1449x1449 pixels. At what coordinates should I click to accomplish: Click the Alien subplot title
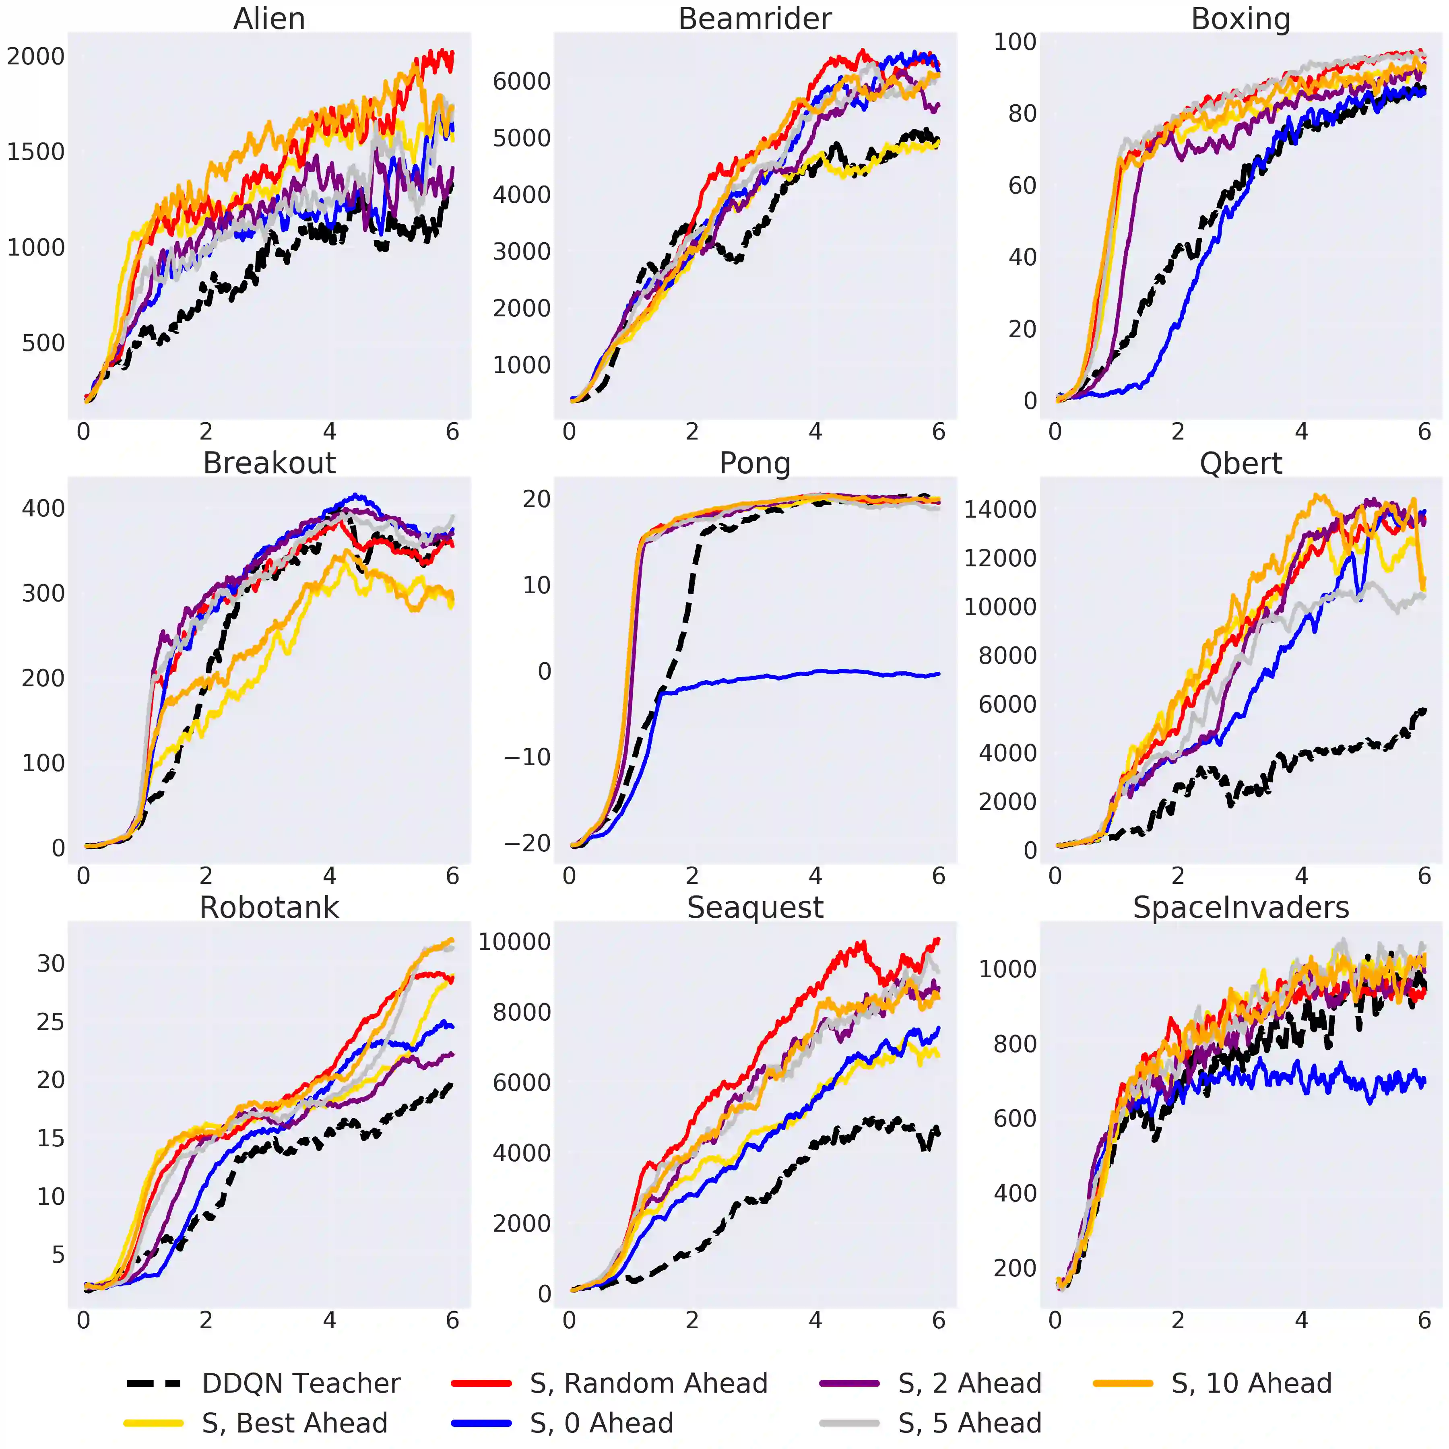(x=269, y=19)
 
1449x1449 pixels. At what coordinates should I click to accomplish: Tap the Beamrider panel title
(x=755, y=19)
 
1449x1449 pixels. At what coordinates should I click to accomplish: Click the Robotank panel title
(x=269, y=908)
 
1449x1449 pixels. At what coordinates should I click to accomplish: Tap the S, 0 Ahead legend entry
(x=601, y=1423)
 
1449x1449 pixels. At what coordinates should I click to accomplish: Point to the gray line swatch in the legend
(x=850, y=1423)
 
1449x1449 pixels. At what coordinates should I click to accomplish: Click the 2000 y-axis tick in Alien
(x=36, y=56)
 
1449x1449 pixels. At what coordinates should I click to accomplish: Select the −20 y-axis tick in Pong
(x=527, y=843)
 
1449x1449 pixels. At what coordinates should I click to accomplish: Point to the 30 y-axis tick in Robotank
(x=51, y=964)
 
